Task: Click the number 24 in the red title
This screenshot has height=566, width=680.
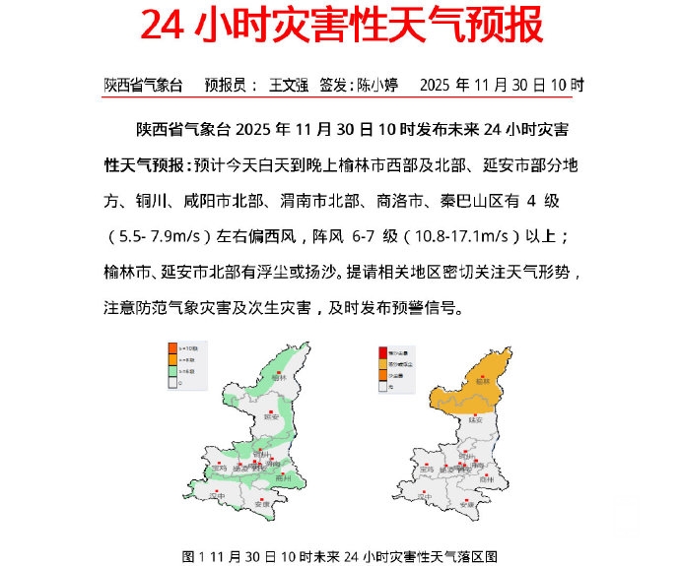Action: click(164, 27)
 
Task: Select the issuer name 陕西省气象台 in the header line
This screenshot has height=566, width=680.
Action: click(144, 86)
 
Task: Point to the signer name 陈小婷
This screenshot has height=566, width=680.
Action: click(377, 86)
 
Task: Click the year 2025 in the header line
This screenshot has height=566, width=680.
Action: click(440, 86)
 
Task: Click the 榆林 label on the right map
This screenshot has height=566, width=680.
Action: click(481, 380)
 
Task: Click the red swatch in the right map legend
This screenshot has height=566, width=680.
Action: click(382, 351)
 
